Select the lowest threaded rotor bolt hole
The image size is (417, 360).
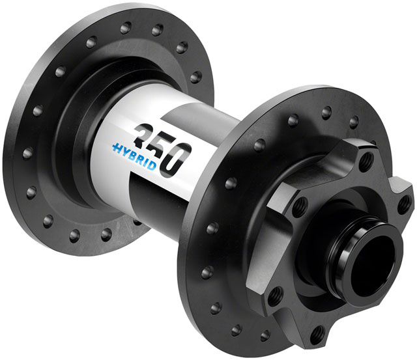pos(317,334)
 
